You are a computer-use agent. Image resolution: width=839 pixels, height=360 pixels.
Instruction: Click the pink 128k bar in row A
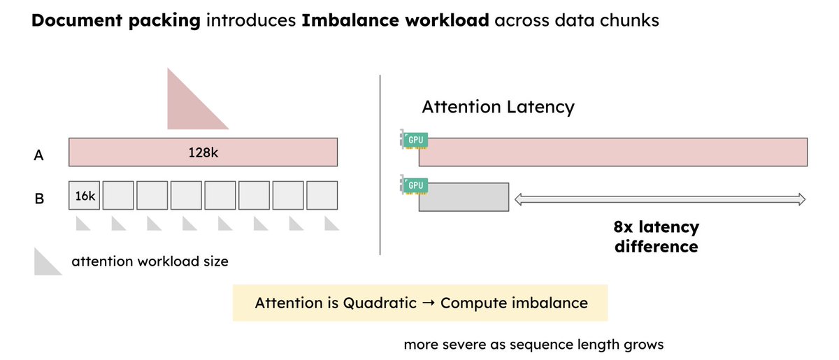203,152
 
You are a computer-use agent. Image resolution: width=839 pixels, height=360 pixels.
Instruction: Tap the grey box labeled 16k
85,197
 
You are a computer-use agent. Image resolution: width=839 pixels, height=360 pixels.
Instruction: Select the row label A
39,156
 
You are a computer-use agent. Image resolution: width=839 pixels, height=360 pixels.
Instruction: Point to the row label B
39,199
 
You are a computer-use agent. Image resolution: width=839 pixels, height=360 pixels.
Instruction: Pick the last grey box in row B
322,197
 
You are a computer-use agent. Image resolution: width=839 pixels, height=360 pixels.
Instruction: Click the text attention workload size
150,262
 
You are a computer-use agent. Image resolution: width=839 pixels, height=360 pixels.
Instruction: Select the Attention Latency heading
498,107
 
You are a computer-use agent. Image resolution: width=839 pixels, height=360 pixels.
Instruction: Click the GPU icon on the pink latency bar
415,140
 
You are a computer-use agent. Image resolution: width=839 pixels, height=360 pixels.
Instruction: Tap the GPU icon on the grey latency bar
415,185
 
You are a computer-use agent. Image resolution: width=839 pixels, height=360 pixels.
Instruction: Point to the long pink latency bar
613,152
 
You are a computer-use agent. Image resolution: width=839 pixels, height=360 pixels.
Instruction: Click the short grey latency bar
464,196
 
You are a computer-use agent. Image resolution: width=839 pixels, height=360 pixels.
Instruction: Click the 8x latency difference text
656,237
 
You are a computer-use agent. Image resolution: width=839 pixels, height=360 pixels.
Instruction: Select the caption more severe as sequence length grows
533,345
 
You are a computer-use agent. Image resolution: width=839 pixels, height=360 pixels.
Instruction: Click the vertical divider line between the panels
380,164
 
